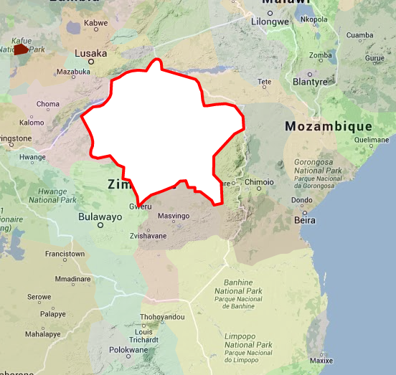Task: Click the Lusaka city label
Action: click(91, 53)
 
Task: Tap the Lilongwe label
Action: click(269, 22)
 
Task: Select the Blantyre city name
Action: click(310, 82)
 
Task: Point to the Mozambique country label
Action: click(328, 126)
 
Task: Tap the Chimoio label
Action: click(259, 182)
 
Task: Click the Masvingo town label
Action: click(173, 216)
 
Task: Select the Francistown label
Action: click(65, 254)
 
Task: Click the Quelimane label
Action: click(371, 140)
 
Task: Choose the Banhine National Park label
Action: click(238, 293)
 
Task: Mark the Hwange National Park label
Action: click(52, 196)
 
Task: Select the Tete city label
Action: click(265, 82)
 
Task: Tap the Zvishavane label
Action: click(148, 235)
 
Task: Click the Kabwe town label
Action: click(95, 23)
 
